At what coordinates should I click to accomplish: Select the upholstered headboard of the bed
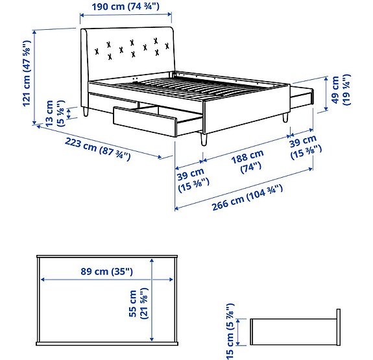[x=130, y=52]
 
